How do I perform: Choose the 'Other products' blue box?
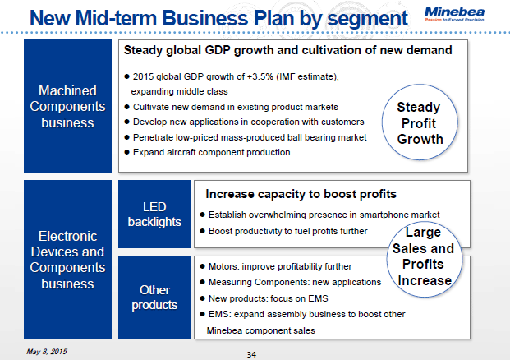(153, 297)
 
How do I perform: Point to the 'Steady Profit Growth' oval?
(419, 122)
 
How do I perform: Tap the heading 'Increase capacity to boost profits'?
(301, 195)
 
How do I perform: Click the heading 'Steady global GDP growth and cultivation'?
(287, 50)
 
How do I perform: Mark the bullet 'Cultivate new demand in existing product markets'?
(235, 107)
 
